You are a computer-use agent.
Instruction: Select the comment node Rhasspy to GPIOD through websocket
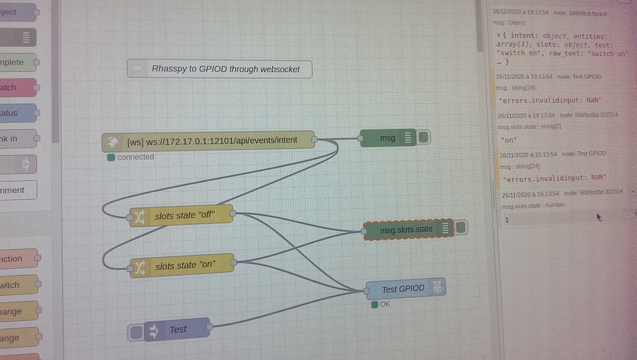click(220, 69)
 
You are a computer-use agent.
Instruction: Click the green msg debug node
click(388, 138)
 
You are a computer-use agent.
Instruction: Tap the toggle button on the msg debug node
click(424, 137)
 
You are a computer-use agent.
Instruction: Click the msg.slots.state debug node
click(406, 229)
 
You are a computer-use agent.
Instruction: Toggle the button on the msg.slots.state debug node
click(461, 228)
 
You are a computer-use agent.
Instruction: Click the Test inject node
click(177, 330)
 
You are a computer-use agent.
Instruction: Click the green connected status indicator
click(111, 157)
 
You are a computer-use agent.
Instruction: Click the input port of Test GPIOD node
click(366, 290)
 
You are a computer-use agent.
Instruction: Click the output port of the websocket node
click(314, 140)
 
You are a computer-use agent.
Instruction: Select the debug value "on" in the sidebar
click(509, 140)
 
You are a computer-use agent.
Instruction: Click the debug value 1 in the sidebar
click(507, 220)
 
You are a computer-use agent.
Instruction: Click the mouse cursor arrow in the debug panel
click(598, 217)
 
